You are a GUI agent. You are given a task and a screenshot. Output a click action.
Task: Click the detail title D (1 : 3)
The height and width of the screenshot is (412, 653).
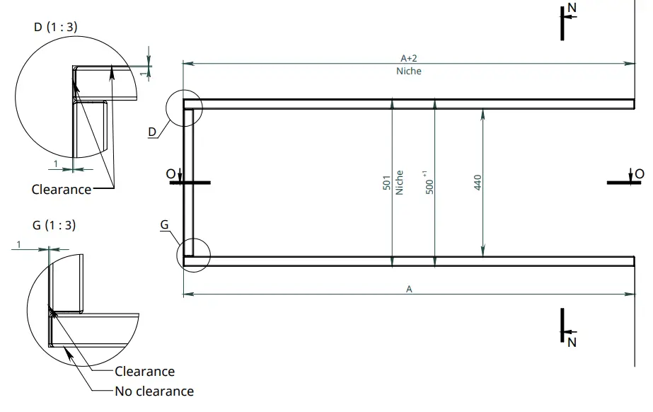(55, 27)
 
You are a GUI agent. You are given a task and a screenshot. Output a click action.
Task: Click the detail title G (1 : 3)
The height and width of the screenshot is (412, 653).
(54, 225)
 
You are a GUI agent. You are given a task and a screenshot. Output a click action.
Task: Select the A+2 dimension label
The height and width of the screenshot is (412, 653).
(408, 59)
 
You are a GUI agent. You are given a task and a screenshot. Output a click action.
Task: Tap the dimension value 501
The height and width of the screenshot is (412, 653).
(387, 183)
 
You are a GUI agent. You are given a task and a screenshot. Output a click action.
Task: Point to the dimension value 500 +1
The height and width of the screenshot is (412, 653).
(428, 183)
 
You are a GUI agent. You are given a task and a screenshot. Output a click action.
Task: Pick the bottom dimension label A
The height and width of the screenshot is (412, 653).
(408, 289)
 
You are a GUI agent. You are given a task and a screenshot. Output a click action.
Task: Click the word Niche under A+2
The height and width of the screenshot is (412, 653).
(408, 71)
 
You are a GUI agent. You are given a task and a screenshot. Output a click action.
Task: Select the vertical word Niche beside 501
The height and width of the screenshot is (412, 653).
(400, 183)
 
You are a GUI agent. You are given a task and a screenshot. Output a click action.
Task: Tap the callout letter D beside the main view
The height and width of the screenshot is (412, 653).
(152, 132)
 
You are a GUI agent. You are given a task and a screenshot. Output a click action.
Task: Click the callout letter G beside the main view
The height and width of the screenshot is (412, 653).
(164, 224)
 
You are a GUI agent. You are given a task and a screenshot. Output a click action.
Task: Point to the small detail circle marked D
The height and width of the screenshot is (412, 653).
(185, 108)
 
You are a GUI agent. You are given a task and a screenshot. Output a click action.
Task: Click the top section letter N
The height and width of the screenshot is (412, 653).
(572, 8)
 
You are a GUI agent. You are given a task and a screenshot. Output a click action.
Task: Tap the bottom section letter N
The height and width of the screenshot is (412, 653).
(572, 343)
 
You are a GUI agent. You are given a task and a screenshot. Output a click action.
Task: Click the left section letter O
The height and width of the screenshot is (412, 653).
(170, 173)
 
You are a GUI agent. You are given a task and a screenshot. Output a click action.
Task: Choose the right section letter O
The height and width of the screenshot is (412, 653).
(639, 173)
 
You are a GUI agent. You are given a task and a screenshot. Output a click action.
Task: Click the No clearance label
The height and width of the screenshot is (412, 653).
(154, 391)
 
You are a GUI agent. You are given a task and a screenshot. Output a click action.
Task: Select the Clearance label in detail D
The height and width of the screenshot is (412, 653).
(62, 189)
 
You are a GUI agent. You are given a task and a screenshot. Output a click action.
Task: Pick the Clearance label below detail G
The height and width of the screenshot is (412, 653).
(144, 372)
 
